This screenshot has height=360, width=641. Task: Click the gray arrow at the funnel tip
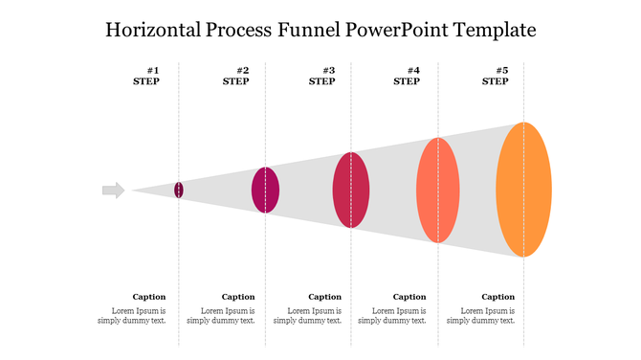point(113,190)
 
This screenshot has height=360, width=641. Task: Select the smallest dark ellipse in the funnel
point(179,190)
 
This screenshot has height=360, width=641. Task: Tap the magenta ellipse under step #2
point(265,190)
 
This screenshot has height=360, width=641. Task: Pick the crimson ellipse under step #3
point(351,190)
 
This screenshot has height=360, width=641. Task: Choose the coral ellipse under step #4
point(437,190)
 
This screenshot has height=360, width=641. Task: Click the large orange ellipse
point(523,190)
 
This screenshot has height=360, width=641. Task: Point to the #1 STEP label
point(146,76)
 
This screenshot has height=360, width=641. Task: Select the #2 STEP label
point(236,76)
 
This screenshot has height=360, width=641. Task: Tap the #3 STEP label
point(322,76)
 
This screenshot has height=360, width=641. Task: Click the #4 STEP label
point(408,76)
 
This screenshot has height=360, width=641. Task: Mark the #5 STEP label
point(496,76)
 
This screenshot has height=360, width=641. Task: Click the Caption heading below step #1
point(149,297)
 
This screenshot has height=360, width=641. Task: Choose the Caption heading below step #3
point(325,297)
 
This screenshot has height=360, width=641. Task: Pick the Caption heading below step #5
point(498,297)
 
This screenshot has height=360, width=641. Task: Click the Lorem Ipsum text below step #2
point(221,315)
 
